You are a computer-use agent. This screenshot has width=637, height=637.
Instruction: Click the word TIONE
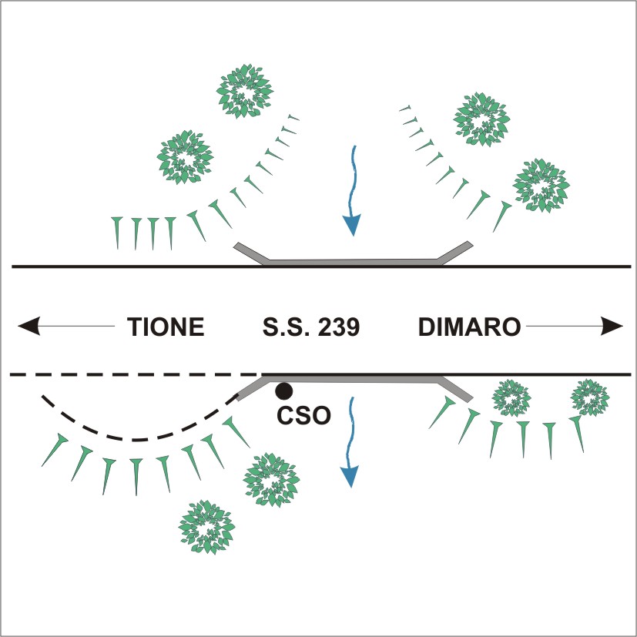pyautogui.click(x=166, y=327)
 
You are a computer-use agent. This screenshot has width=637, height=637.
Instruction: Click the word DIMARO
pyautogui.click(x=469, y=327)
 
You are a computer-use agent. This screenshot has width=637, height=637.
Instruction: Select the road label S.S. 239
pyautogui.click(x=311, y=327)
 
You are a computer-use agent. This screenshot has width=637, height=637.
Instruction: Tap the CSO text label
pyautogui.click(x=304, y=415)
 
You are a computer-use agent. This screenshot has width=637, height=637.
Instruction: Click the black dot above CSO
pyautogui.click(x=283, y=391)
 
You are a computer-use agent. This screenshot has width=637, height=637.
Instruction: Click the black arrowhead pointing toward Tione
pyautogui.click(x=28, y=326)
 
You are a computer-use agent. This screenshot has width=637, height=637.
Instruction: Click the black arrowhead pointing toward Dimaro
pyautogui.click(x=612, y=326)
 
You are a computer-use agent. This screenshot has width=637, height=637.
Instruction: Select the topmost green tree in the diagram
pyautogui.click(x=245, y=91)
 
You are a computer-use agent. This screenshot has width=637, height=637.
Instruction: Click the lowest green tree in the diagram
pyautogui.click(x=206, y=527)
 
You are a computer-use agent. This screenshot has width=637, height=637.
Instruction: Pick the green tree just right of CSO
pyautogui.click(x=271, y=479)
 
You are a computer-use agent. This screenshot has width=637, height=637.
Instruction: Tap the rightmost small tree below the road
pyautogui.click(x=590, y=397)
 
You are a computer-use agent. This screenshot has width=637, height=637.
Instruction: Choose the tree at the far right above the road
pyautogui.click(x=541, y=186)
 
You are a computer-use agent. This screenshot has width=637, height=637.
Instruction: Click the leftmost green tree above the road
pyautogui.click(x=186, y=157)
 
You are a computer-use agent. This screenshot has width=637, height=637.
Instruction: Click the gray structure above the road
pyautogui.click(x=353, y=262)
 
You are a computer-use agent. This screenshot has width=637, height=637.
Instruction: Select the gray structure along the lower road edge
pyautogui.click(x=354, y=380)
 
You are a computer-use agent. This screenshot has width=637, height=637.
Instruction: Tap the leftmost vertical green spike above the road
pyautogui.click(x=117, y=233)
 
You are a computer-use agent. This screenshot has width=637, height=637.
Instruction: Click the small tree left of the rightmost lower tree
pyautogui.click(x=511, y=398)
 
